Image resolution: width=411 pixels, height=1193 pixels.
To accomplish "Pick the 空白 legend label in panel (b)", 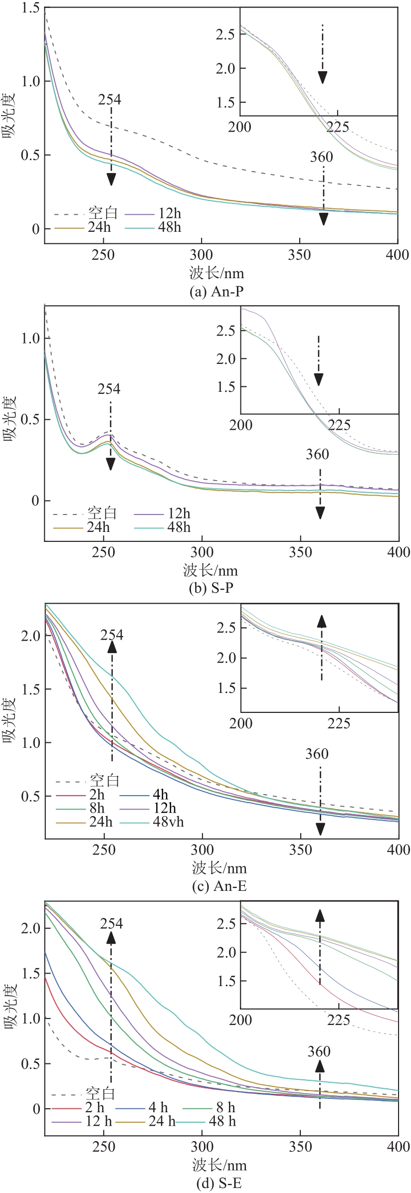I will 102,513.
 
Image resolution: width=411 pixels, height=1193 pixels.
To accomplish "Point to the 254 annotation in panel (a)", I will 110,100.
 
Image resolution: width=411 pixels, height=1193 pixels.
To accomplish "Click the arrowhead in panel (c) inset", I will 322,621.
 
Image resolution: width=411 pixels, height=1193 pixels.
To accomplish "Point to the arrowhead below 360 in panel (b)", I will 320,513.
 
